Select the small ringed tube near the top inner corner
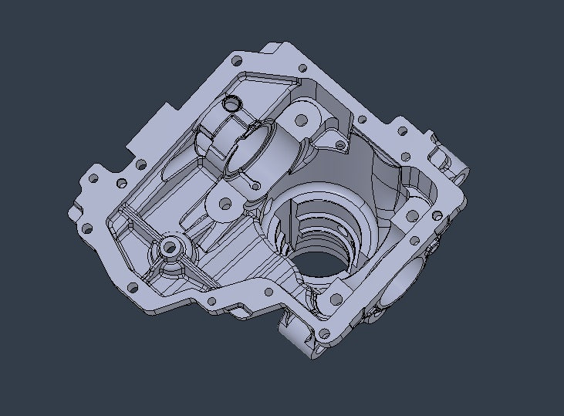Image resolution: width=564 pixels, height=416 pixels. click(230, 103)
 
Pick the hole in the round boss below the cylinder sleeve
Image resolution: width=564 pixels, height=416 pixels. click(225, 205)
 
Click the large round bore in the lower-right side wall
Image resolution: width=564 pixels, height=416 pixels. click(408, 280)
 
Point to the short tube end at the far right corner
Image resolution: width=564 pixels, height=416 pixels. click(461, 176)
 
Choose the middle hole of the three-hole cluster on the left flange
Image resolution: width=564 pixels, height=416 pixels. click(121, 184)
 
